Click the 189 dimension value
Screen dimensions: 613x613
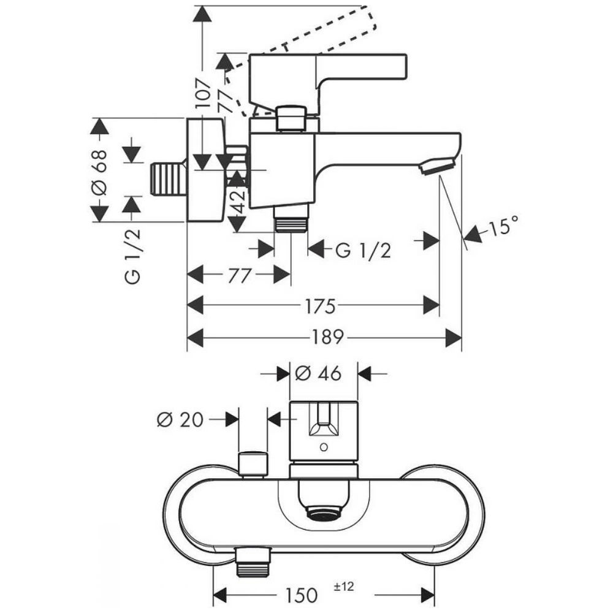click(327, 337)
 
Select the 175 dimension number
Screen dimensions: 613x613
click(320, 306)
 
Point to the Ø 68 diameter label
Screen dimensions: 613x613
click(99, 172)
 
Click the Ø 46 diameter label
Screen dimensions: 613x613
click(318, 374)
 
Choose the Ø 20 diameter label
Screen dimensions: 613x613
click(180, 420)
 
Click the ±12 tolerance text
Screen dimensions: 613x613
click(344, 587)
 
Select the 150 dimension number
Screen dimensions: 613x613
click(301, 596)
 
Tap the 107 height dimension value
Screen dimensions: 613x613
click(204, 93)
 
